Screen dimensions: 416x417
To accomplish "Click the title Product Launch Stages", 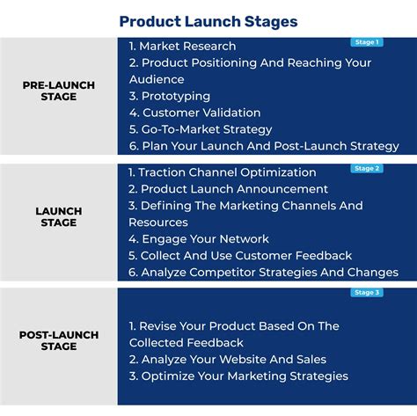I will click(x=208, y=20).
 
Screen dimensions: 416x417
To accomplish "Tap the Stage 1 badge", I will click(x=366, y=41).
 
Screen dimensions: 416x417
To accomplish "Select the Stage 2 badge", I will click(x=366, y=168).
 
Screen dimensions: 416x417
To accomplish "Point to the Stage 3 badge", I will click(x=366, y=293).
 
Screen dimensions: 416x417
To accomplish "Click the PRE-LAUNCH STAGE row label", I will click(x=58, y=91).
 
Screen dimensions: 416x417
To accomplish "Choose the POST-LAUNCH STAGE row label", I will click(x=58, y=341).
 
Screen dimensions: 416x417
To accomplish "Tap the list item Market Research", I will click(x=182, y=46).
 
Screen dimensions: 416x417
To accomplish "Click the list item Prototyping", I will click(x=169, y=96).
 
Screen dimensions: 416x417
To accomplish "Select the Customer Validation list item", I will click(x=194, y=113).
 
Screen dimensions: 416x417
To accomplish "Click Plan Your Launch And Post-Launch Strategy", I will click(x=263, y=146).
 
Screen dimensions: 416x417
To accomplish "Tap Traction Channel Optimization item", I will click(x=222, y=172).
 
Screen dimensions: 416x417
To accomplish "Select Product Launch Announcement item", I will click(x=228, y=189).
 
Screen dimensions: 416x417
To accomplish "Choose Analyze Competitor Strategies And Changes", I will click(x=263, y=272).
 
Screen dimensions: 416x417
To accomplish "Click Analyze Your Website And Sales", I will click(x=227, y=359).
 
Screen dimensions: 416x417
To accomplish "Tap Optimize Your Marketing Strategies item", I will click(x=238, y=376).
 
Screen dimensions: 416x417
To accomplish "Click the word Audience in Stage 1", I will click(x=156, y=79).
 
